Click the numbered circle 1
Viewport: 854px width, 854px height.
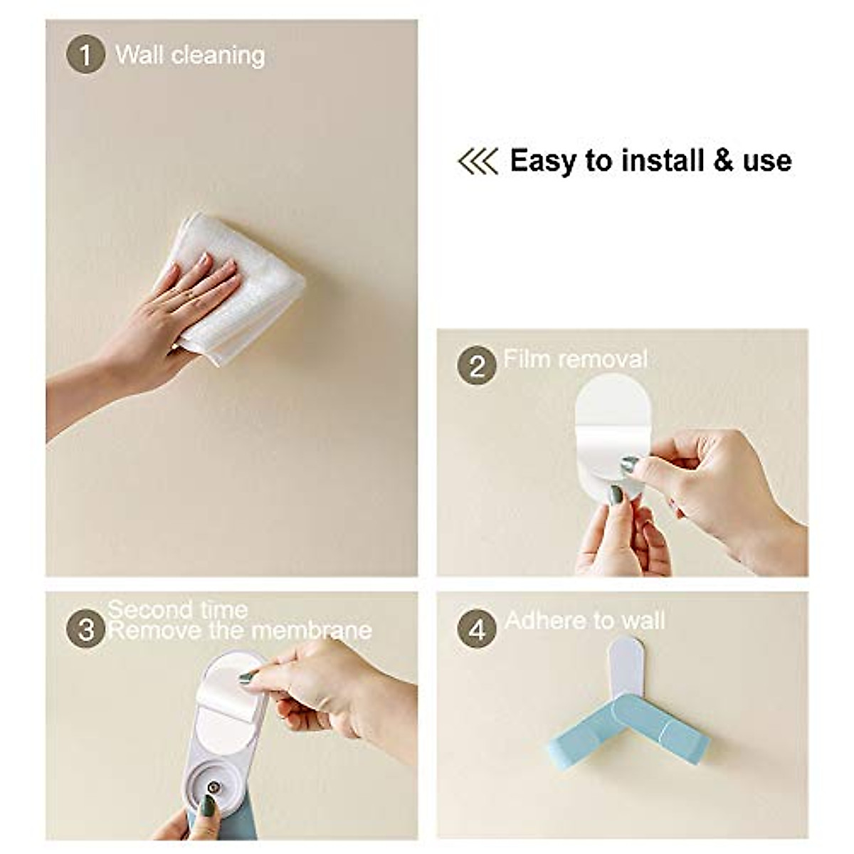(86, 55)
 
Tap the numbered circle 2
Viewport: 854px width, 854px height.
(477, 365)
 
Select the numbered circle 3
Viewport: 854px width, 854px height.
(86, 629)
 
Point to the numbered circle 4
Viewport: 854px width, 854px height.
(477, 629)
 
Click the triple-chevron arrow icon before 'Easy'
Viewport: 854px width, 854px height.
(478, 162)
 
